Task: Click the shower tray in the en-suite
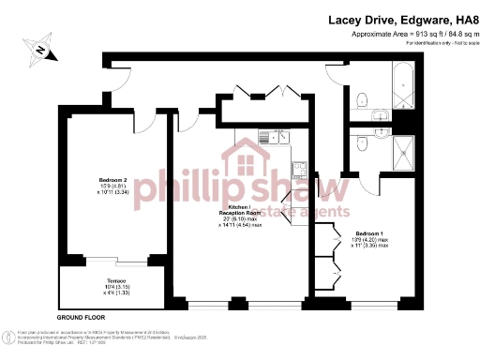(x=405, y=147)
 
